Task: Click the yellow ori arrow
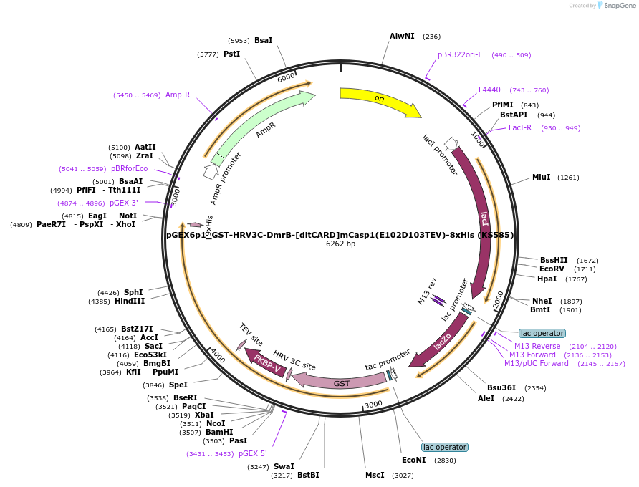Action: (379, 99)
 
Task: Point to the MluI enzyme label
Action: (541, 177)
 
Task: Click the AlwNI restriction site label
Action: (402, 36)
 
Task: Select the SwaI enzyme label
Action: (284, 466)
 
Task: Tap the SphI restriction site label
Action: (133, 292)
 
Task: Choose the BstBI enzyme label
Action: (308, 475)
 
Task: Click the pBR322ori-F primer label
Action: (460, 54)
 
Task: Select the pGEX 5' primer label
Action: (253, 453)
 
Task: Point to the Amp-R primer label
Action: (178, 95)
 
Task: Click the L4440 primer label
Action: (489, 90)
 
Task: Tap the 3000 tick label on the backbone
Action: (373, 404)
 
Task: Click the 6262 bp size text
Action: (340, 243)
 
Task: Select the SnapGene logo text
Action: (620, 5)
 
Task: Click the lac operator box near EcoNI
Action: (445, 447)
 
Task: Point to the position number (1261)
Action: (568, 178)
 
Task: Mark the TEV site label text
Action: (251, 334)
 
